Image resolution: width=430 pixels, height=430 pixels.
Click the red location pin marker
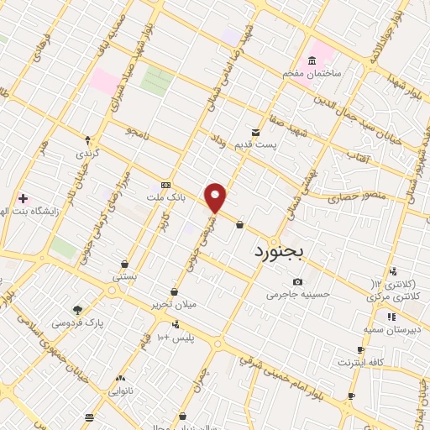(x=216, y=197)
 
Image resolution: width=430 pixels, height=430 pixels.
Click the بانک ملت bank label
(x=165, y=197)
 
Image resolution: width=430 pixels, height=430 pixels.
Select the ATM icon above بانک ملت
(x=165, y=185)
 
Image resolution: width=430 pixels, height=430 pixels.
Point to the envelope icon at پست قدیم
(x=257, y=133)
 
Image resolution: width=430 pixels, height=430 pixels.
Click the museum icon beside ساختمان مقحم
(x=312, y=61)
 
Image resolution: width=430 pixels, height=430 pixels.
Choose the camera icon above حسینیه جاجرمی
(x=297, y=282)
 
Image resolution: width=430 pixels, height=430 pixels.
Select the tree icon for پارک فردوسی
(x=78, y=310)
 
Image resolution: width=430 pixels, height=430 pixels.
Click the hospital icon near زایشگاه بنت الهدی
(x=23, y=198)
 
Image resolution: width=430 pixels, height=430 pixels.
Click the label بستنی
(x=125, y=276)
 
